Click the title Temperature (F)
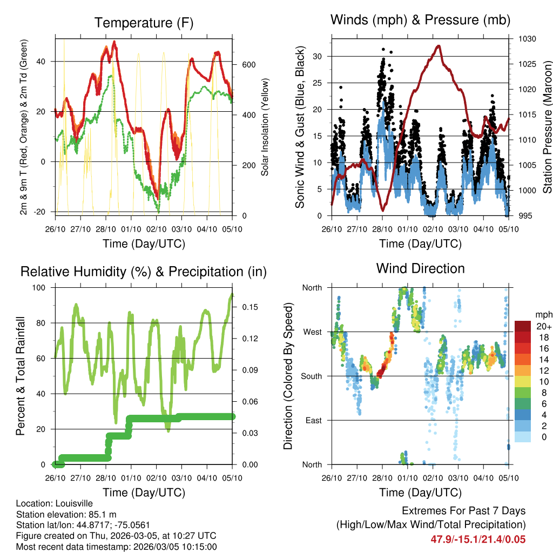click(x=144, y=23)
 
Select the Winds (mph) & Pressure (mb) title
click(x=420, y=20)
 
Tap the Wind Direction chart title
click(x=420, y=268)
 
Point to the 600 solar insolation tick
click(x=248, y=65)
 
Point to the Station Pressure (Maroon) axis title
click(x=547, y=126)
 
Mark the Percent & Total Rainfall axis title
click(x=20, y=376)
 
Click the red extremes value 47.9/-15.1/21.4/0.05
click(x=478, y=539)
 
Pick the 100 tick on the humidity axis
click(x=40, y=287)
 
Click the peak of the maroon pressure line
click(x=439, y=46)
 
